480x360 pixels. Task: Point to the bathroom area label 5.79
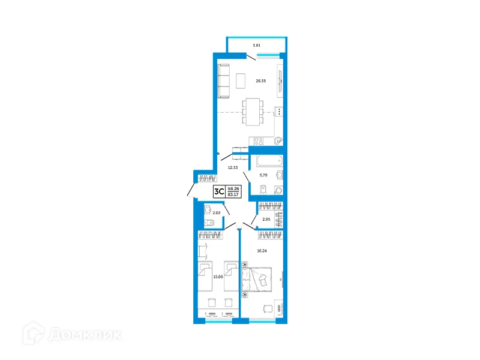[x=263, y=175]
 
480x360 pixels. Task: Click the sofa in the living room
[x=224, y=82]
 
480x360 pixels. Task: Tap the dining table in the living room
[x=253, y=112]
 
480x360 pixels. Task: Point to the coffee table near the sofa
[x=241, y=80]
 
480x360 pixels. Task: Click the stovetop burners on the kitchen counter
[x=259, y=142]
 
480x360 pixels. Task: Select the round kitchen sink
[x=277, y=142]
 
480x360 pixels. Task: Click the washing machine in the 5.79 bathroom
[x=278, y=190]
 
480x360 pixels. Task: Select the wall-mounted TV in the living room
[x=280, y=81]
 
